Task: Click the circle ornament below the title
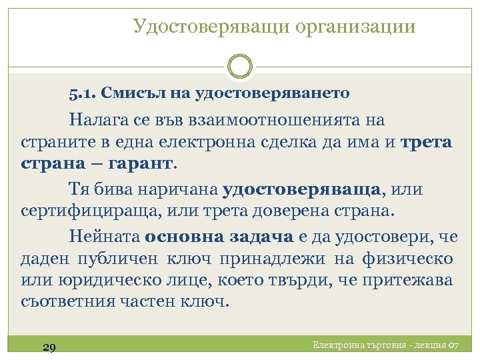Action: tap(240, 66)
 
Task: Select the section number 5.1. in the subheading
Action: tap(84, 93)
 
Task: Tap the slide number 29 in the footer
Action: tap(48, 347)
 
